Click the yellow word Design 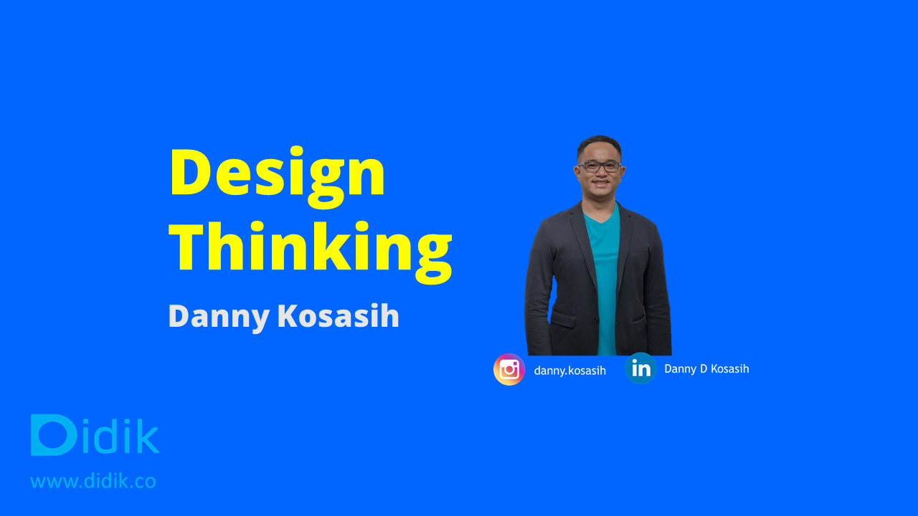[x=278, y=177]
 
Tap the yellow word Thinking [x=311, y=252]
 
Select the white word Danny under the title [x=219, y=317]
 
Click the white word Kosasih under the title [x=338, y=316]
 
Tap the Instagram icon [x=509, y=369]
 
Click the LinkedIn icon [x=641, y=368]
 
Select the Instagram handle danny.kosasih [x=569, y=371]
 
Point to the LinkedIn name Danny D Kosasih [x=706, y=368]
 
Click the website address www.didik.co [x=93, y=481]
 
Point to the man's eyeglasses [x=600, y=166]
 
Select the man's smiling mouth [x=601, y=183]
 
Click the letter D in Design [x=191, y=172]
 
